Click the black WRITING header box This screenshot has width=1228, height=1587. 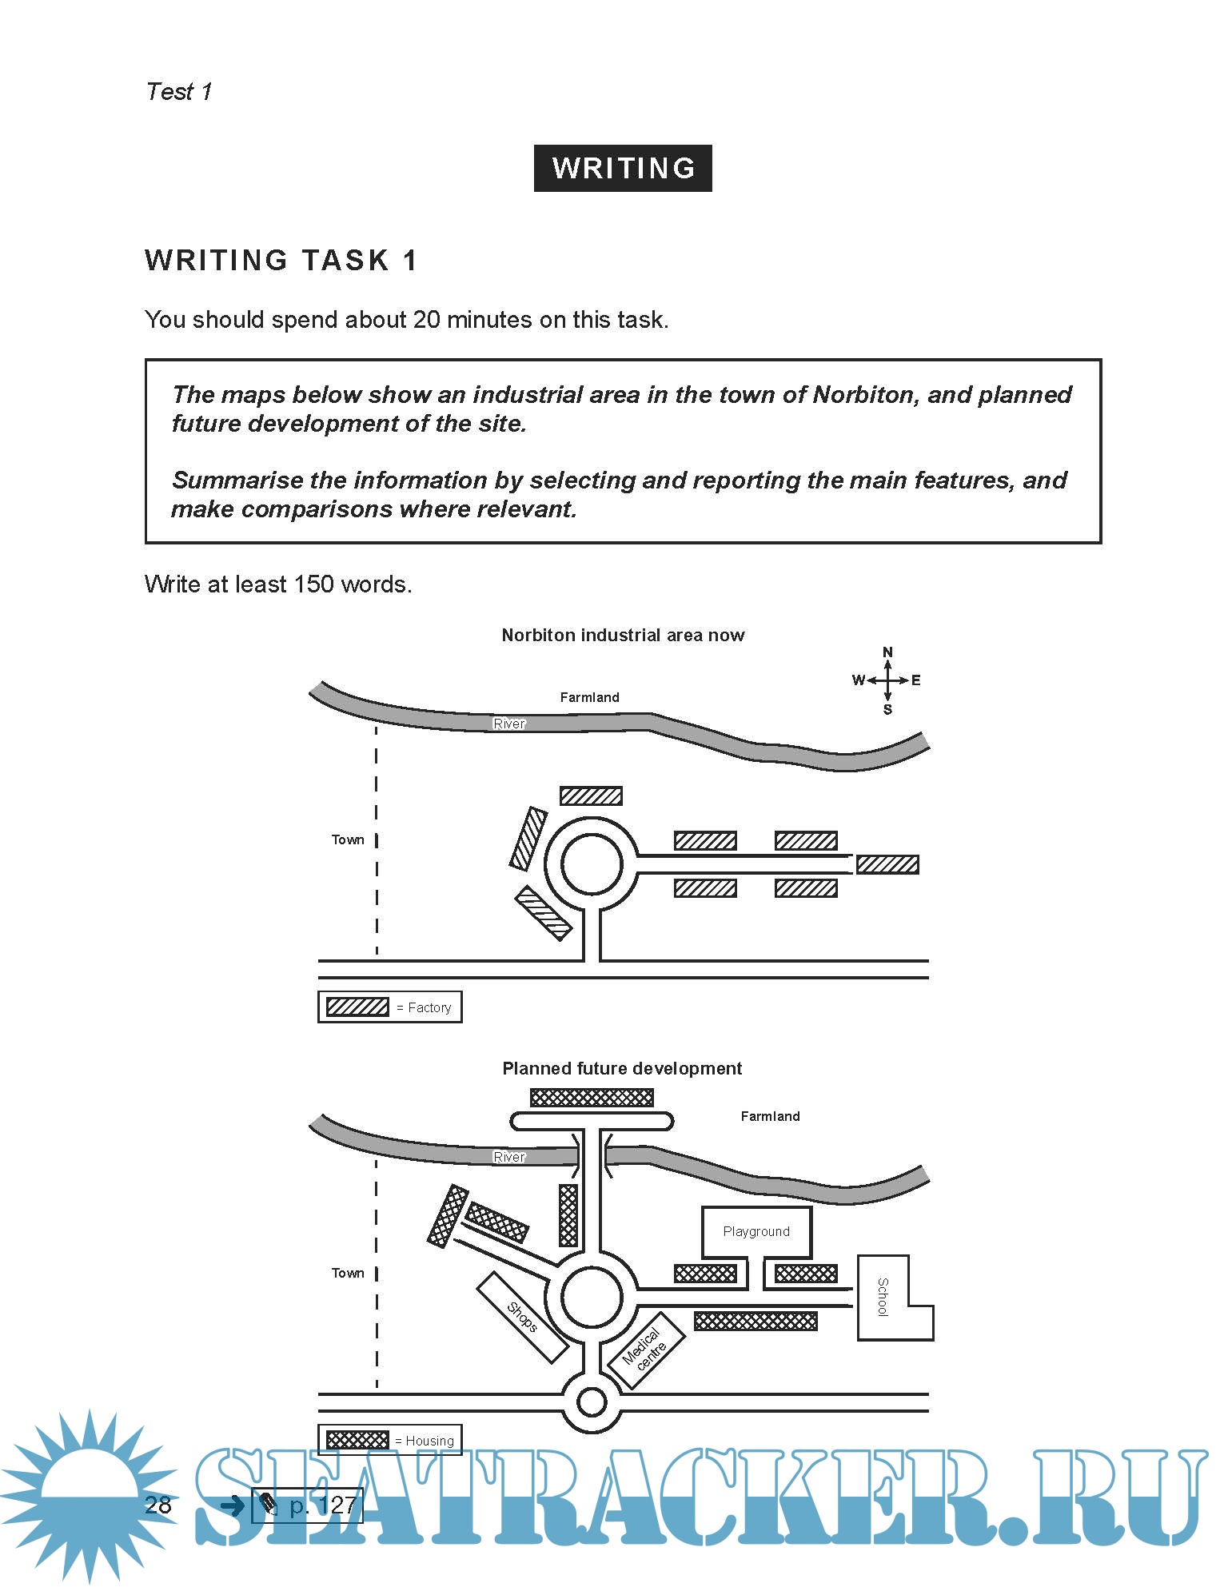(622, 168)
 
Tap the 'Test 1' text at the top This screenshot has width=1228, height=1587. (179, 92)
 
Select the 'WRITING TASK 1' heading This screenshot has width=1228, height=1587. (281, 261)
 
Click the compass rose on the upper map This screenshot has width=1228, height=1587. (887, 680)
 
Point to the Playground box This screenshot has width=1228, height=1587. (756, 1231)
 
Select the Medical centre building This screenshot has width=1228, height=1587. (647, 1350)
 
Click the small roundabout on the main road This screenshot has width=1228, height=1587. (592, 1402)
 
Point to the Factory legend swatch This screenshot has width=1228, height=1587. (357, 1007)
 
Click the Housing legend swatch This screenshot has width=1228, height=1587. (357, 1440)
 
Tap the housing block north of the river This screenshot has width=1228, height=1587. (592, 1098)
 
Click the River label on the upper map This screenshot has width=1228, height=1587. (509, 724)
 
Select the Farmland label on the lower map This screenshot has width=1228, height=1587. (770, 1116)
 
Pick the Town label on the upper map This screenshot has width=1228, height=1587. (348, 839)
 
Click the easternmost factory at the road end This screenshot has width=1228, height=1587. (887, 864)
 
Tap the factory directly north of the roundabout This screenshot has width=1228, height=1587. (591, 795)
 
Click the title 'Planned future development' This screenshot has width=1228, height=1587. (622, 1068)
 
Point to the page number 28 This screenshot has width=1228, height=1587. (158, 1505)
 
